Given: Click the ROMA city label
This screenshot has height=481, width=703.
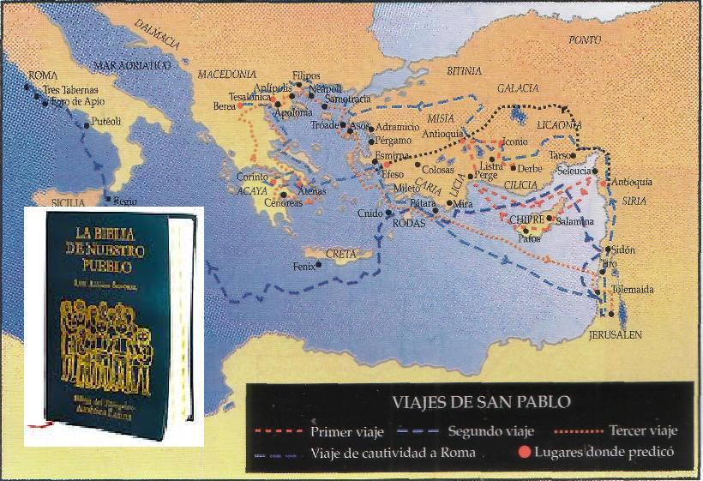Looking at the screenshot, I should (x=43, y=75).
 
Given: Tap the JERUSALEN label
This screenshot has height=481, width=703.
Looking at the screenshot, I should (x=616, y=335).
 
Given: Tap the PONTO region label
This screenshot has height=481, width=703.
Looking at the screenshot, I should (x=585, y=40).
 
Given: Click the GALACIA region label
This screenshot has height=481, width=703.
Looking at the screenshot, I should (x=518, y=88).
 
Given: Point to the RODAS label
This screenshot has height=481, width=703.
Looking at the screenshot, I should (x=408, y=222).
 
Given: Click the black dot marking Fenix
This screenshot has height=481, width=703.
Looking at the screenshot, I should (x=319, y=264).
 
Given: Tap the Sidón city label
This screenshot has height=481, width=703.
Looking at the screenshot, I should (x=625, y=249).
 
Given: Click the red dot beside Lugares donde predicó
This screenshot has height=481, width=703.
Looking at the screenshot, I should (x=521, y=452).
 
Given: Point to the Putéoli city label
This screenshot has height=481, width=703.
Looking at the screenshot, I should (x=106, y=122).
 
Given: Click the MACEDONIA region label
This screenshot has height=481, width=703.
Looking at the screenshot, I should (x=227, y=75).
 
